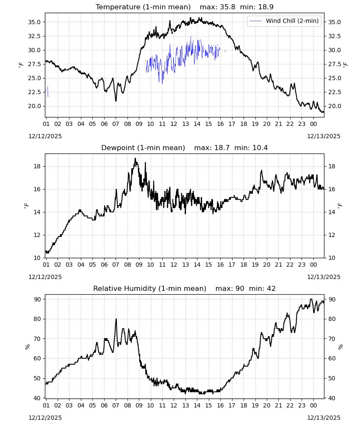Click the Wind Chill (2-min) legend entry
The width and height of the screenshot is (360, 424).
[284, 21]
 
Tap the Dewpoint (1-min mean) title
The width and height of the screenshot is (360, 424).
[143, 148]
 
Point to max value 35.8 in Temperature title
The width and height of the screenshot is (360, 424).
[228, 7]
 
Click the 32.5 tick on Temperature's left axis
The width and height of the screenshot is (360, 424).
[34, 36]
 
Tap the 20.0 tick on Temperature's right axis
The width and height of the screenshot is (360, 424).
[334, 106]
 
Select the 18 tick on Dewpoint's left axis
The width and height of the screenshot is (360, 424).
[37, 166]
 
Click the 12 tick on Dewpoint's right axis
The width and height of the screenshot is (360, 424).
[332, 235]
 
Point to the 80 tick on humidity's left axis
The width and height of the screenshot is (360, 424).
[37, 319]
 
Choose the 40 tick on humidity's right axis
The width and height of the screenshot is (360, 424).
[332, 398]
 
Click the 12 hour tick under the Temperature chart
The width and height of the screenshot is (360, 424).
[174, 124]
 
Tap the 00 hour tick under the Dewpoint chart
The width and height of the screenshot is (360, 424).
[313, 265]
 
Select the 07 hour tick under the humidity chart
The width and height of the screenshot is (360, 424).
[116, 405]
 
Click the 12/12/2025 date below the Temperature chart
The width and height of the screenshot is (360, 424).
[45, 136]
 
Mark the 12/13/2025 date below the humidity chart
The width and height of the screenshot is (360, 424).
[324, 418]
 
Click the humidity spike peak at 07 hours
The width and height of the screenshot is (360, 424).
[116, 319]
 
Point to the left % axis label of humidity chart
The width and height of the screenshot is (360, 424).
[27, 347]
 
